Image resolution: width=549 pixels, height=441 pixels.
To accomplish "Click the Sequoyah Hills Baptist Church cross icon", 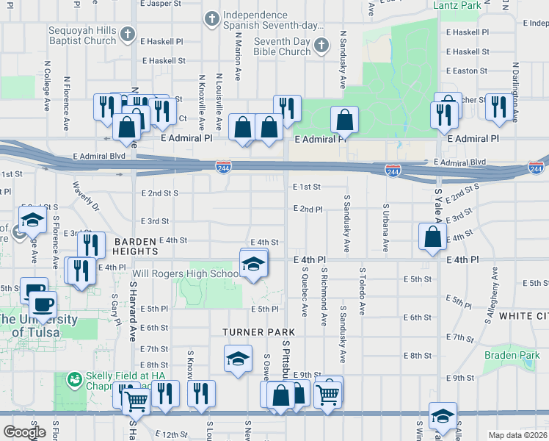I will tap(128, 35).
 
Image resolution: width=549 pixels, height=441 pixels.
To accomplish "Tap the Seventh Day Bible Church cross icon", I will tap(321, 47).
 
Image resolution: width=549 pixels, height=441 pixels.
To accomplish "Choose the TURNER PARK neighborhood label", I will tap(253, 332).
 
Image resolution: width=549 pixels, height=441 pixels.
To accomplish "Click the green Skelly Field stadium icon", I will tap(73, 380).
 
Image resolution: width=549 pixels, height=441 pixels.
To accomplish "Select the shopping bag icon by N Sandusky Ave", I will tap(344, 122).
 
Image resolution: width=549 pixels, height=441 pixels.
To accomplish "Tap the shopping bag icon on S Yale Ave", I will tap(432, 237).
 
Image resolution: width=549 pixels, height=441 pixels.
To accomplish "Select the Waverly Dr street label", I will tap(85, 197).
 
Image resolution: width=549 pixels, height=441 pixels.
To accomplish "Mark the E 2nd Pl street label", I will tap(308, 209).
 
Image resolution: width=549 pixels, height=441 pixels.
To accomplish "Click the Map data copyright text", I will tap(517, 435).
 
